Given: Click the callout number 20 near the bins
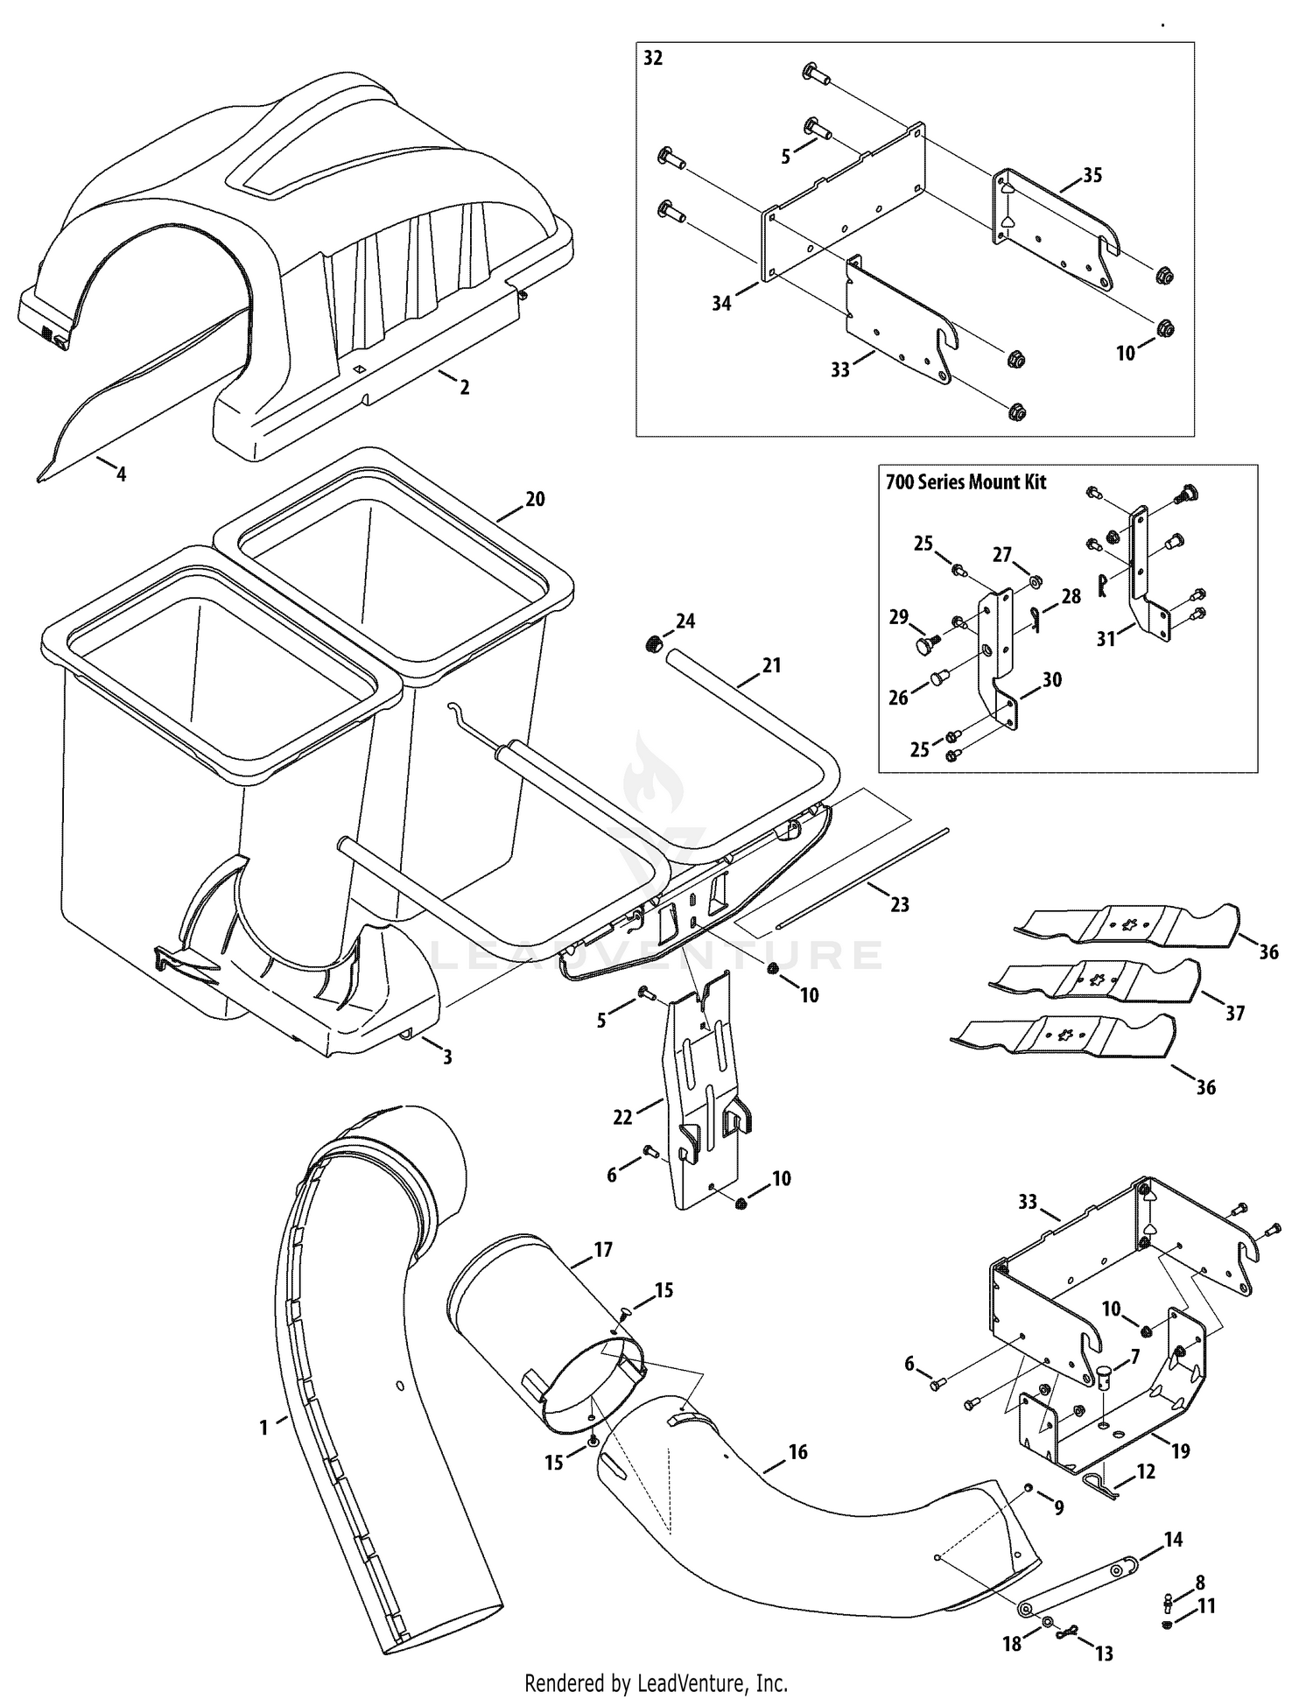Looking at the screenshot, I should point(535,499).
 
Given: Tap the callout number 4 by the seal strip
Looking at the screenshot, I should point(121,474).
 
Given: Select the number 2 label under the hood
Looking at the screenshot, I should point(465,386).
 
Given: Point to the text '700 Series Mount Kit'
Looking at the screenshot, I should point(965,482).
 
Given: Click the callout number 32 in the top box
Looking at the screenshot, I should point(653,59).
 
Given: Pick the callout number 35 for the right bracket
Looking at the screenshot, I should point(1092,175).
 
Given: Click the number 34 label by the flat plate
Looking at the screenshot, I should point(721,304).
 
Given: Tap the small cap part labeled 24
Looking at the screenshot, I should point(652,645).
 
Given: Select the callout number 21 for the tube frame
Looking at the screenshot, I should point(771,665).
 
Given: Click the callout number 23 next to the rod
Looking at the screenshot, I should point(900,905).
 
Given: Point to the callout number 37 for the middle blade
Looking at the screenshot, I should point(1234,1014).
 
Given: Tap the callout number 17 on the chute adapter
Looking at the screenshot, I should point(603,1250).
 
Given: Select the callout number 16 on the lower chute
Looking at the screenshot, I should point(797,1452).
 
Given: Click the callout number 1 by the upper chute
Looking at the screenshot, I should point(263,1428).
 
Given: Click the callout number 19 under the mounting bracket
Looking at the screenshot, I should point(1180,1451).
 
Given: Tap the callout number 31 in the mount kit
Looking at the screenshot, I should point(1106,639).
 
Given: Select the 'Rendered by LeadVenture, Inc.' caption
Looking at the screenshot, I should point(656,1682).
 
